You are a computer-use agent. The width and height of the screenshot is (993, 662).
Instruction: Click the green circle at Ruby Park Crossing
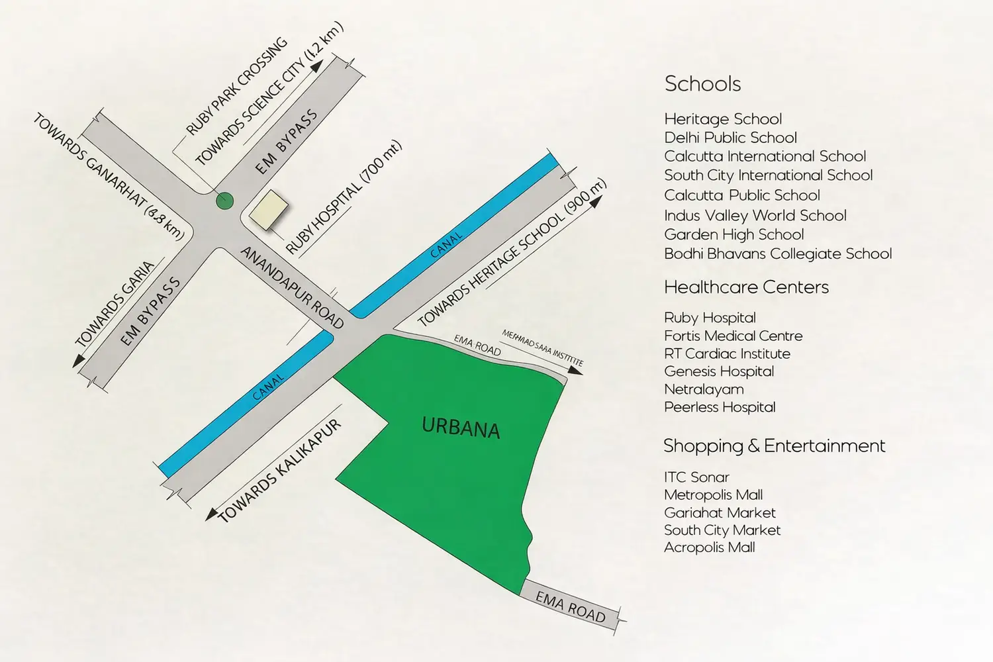[225, 200]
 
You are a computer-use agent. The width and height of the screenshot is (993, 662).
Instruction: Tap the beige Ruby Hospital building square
[268, 210]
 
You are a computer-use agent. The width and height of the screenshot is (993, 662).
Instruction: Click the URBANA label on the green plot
[461, 428]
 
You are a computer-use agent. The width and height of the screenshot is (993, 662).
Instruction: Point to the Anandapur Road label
[292, 288]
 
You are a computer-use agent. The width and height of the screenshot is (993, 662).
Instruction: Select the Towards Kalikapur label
[279, 471]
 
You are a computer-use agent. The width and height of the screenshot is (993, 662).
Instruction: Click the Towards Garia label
[115, 304]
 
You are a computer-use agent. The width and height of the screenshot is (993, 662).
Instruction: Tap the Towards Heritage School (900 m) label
[511, 254]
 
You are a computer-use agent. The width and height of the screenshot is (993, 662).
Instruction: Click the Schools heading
[702, 84]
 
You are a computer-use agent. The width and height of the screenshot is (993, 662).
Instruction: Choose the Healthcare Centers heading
[746, 287]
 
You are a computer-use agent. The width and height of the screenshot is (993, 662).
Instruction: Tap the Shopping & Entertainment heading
[774, 446]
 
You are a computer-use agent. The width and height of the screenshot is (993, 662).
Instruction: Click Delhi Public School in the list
[730, 138]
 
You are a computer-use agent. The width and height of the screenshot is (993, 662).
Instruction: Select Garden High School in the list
[733, 234]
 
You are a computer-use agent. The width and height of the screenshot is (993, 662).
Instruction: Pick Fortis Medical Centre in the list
[733, 336]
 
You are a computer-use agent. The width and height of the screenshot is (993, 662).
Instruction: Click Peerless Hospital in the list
[720, 407]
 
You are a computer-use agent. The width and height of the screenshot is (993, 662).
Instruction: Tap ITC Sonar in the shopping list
[696, 477]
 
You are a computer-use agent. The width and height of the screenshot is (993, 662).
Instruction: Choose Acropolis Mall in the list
[709, 547]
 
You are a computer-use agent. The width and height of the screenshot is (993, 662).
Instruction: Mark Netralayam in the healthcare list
[704, 389]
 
